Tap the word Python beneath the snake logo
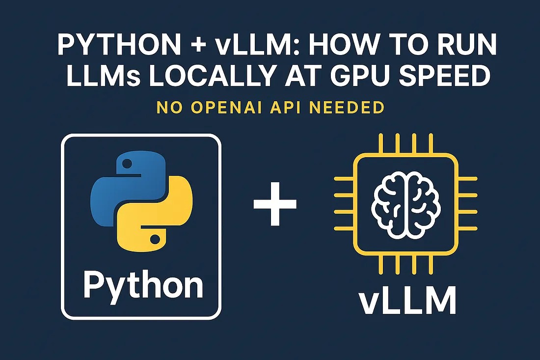(143, 285)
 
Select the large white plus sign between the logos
(275, 204)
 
